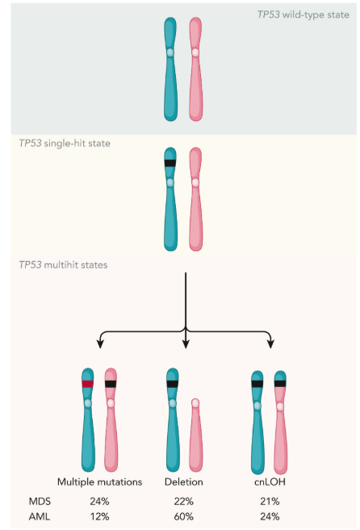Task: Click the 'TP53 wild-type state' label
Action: tap(303, 15)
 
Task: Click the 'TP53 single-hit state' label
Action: tap(65, 143)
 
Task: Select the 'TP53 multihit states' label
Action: tap(63, 265)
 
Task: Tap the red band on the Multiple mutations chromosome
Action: tap(88, 384)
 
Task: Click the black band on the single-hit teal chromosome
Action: tap(170, 163)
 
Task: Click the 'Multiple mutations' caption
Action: tap(99, 482)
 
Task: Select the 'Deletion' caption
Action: tap(184, 482)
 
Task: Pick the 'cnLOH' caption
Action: tap(270, 482)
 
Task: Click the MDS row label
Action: tap(40, 501)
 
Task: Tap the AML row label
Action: tap(40, 516)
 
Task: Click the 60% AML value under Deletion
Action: tap(184, 516)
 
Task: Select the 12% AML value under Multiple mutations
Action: tap(99, 516)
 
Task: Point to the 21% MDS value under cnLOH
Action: tap(270, 501)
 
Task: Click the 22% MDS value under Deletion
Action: tap(184, 501)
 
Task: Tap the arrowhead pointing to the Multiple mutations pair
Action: tap(100, 344)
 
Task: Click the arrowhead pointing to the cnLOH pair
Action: tap(270, 344)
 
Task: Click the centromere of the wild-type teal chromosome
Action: tap(170, 53)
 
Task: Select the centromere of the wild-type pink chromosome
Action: tap(195, 53)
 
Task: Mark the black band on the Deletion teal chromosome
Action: tap(172, 384)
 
